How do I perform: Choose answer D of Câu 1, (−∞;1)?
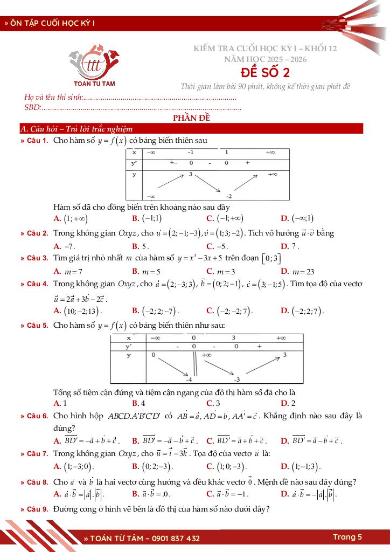pos(297,218)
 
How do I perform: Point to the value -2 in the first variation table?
pos(228,196)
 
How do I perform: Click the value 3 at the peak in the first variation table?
pos(190,175)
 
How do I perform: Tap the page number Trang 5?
pos(347,537)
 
